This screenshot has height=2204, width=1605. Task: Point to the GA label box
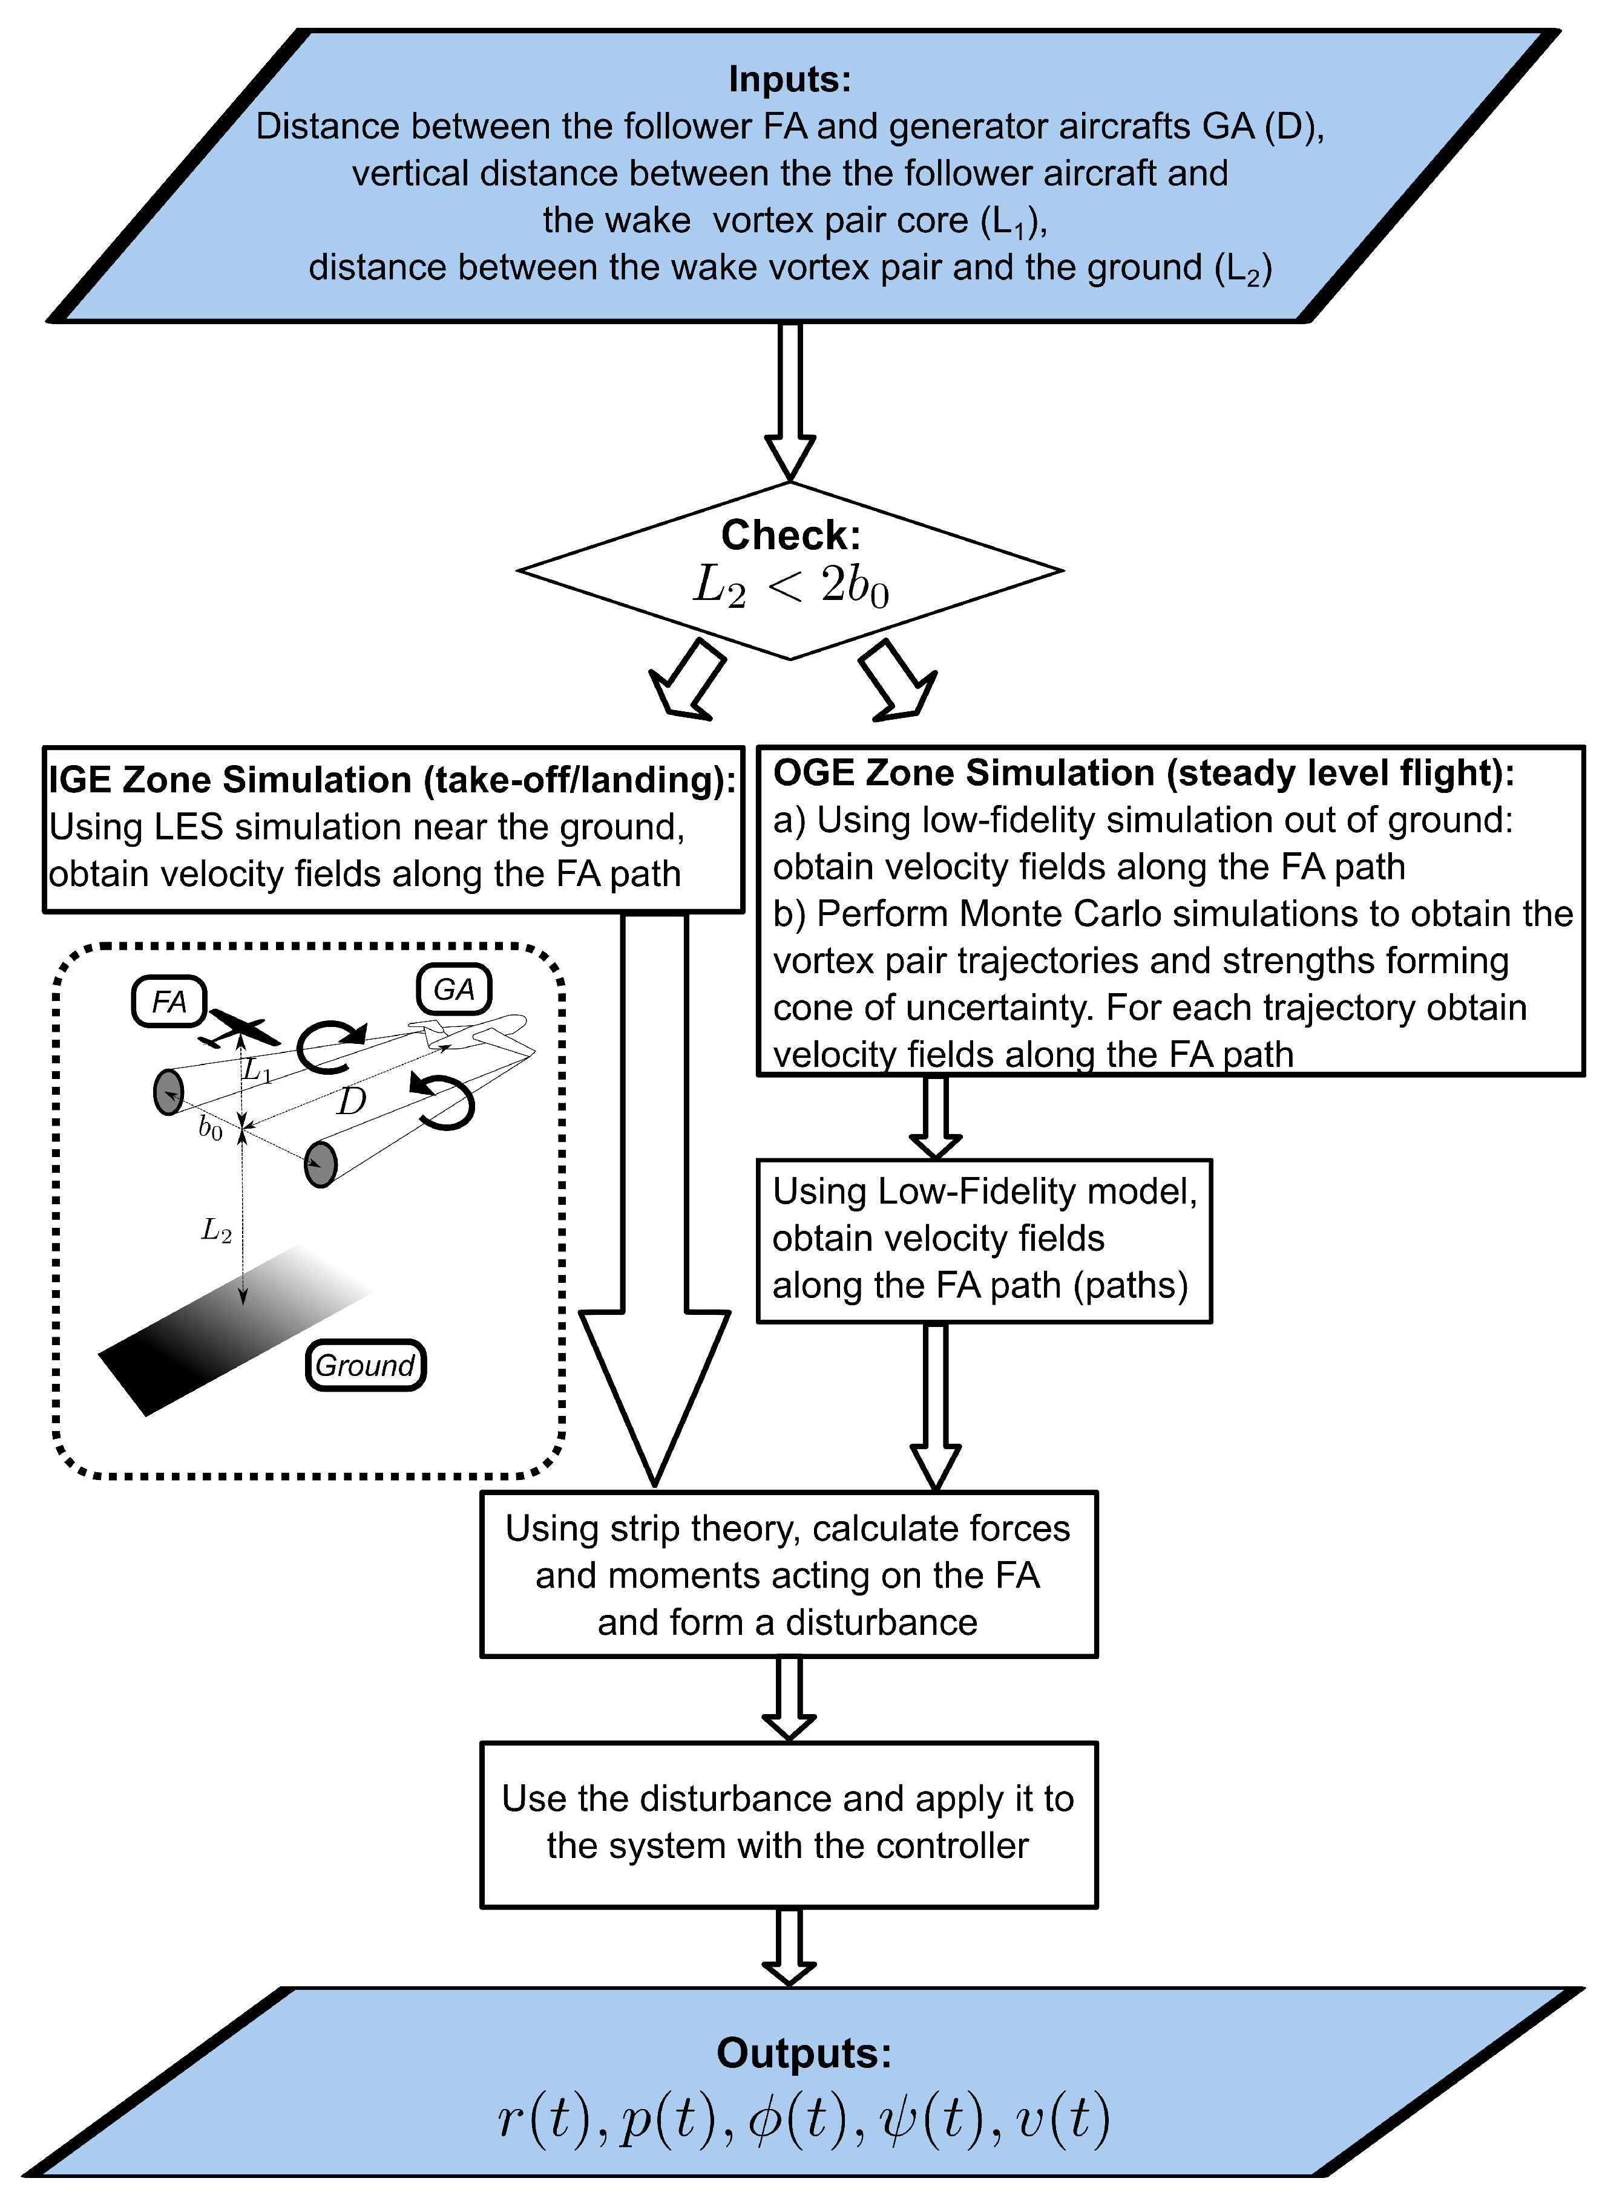pos(454,990)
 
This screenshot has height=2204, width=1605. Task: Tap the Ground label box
pos(366,1365)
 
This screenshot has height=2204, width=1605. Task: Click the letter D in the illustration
pos(351,1101)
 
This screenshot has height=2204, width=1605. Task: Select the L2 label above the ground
pos(216,1231)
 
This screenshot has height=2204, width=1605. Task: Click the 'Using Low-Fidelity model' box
pos(984,1241)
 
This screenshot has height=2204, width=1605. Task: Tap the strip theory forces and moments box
pos(789,1574)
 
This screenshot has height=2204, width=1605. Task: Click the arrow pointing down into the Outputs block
pos(789,1948)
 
